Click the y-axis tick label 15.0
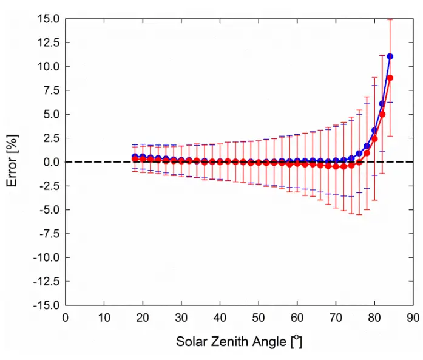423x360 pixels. click(47, 18)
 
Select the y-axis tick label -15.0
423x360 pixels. click(46, 305)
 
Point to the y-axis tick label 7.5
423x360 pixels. click(50, 90)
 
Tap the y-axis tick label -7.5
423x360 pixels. click(49, 233)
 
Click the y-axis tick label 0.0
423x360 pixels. click(50, 162)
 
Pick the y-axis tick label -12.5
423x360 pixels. click(46, 281)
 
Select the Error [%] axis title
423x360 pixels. click(13, 161)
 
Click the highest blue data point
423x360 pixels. click(390, 56)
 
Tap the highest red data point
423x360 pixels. click(390, 78)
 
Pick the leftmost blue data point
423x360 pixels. click(135, 157)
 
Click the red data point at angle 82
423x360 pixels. click(382, 114)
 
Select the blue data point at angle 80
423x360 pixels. click(374, 131)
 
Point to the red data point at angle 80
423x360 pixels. click(374, 139)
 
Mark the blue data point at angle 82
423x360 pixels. click(382, 104)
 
